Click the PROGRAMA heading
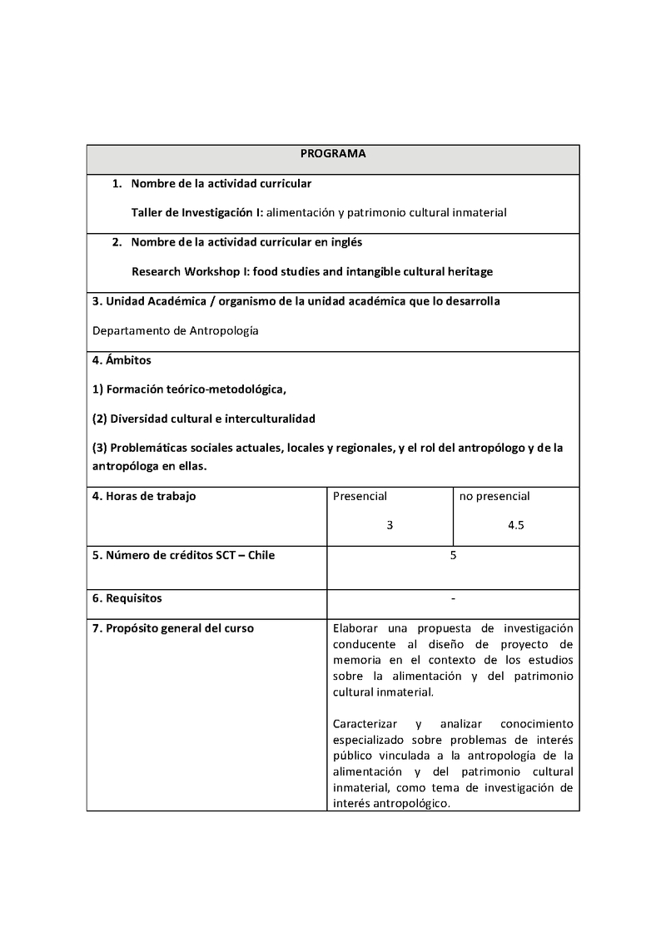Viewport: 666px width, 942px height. click(333, 154)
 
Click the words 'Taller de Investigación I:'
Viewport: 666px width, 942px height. click(197, 212)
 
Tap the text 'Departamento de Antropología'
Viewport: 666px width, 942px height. click(176, 330)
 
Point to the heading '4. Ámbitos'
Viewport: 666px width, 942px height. click(122, 360)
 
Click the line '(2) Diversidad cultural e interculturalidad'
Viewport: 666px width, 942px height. click(204, 418)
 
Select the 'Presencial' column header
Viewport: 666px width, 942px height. click(360, 496)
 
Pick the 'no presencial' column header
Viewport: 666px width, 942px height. click(495, 496)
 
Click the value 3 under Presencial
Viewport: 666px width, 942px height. click(390, 525)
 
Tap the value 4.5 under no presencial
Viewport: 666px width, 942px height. click(515, 525)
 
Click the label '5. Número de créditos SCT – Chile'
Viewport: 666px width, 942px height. click(183, 555)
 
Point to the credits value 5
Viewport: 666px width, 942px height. click(453, 555)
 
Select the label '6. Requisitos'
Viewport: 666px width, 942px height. click(127, 597)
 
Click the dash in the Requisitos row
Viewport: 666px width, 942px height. click(453, 597)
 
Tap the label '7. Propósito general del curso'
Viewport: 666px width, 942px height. click(173, 628)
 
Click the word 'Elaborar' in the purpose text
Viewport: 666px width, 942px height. click(355, 628)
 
